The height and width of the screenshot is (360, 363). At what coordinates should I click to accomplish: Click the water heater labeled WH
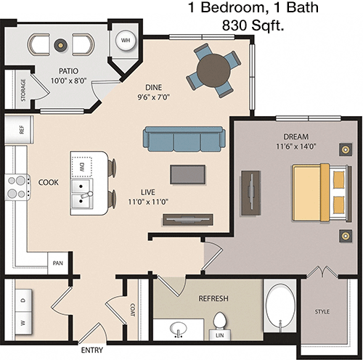(x=126, y=41)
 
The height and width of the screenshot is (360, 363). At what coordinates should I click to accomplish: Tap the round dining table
(x=213, y=70)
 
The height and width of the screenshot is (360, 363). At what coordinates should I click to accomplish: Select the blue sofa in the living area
(x=184, y=139)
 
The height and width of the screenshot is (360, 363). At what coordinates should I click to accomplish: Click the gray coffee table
(x=188, y=174)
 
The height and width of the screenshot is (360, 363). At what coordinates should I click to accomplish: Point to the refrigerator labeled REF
(x=19, y=129)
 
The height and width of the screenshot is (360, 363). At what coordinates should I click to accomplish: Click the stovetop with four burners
(x=17, y=187)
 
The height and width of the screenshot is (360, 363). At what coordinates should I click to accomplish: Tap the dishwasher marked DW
(x=82, y=167)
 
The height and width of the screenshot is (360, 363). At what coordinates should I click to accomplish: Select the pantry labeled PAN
(x=58, y=263)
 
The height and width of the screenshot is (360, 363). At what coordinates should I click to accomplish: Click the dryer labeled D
(x=23, y=300)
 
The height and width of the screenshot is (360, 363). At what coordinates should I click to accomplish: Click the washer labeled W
(x=23, y=323)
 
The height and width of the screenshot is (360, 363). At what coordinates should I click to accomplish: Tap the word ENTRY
(x=92, y=350)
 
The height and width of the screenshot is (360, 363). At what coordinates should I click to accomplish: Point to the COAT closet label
(x=133, y=310)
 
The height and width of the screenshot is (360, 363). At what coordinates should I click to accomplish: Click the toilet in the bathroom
(x=220, y=322)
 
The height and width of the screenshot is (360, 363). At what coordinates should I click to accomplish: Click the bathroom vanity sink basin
(x=179, y=328)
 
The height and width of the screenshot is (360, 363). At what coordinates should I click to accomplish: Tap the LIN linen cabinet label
(x=220, y=335)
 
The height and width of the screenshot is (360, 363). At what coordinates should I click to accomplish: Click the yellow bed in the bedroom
(x=322, y=193)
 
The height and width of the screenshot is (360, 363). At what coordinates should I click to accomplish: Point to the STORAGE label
(x=23, y=90)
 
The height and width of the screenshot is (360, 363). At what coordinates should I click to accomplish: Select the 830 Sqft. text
(x=253, y=25)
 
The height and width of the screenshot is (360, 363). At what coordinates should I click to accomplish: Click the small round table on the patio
(x=60, y=44)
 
